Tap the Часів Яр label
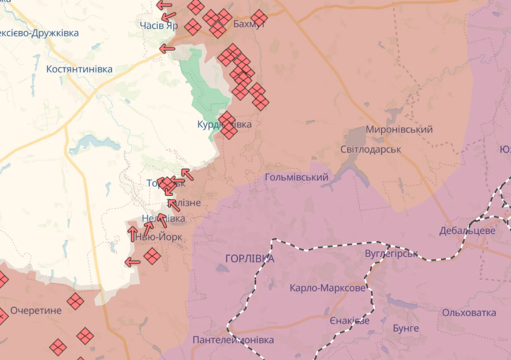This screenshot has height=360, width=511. click(x=158, y=25)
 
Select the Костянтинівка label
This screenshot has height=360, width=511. click(x=80, y=69)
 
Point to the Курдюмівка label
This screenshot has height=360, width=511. click(x=224, y=124)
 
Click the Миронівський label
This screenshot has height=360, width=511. click(x=399, y=130)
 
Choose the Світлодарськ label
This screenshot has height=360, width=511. click(x=371, y=148)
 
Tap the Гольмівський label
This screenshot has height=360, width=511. click(x=296, y=177)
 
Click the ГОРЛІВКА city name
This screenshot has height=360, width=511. click(x=249, y=258)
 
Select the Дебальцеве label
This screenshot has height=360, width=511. click(x=467, y=231)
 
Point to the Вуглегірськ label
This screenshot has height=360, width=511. click(x=392, y=253)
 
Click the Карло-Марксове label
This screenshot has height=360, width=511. click(x=327, y=288)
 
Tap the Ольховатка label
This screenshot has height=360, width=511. click(x=469, y=312)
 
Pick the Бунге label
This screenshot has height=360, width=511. click(x=406, y=328)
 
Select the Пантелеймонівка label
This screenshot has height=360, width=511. click(x=233, y=340)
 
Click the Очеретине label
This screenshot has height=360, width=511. click(x=36, y=311)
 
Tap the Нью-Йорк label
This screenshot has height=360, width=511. click(x=158, y=237)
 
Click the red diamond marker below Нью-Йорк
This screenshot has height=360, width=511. click(x=152, y=256)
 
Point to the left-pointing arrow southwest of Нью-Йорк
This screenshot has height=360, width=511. click(x=131, y=262)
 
